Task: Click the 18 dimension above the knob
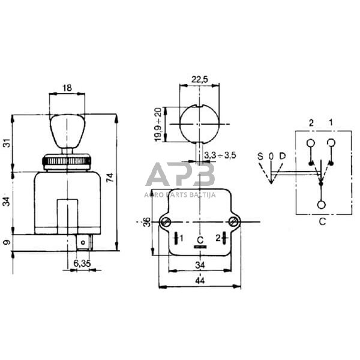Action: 67,88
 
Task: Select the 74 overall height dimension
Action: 110,178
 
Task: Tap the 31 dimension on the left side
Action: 8,143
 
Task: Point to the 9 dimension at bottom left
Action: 8,242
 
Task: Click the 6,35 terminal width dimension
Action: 82,263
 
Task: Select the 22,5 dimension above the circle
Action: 200,79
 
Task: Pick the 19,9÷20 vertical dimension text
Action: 158,124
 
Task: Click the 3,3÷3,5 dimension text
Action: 220,155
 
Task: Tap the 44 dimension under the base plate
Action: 200,280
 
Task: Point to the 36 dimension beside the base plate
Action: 146,222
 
